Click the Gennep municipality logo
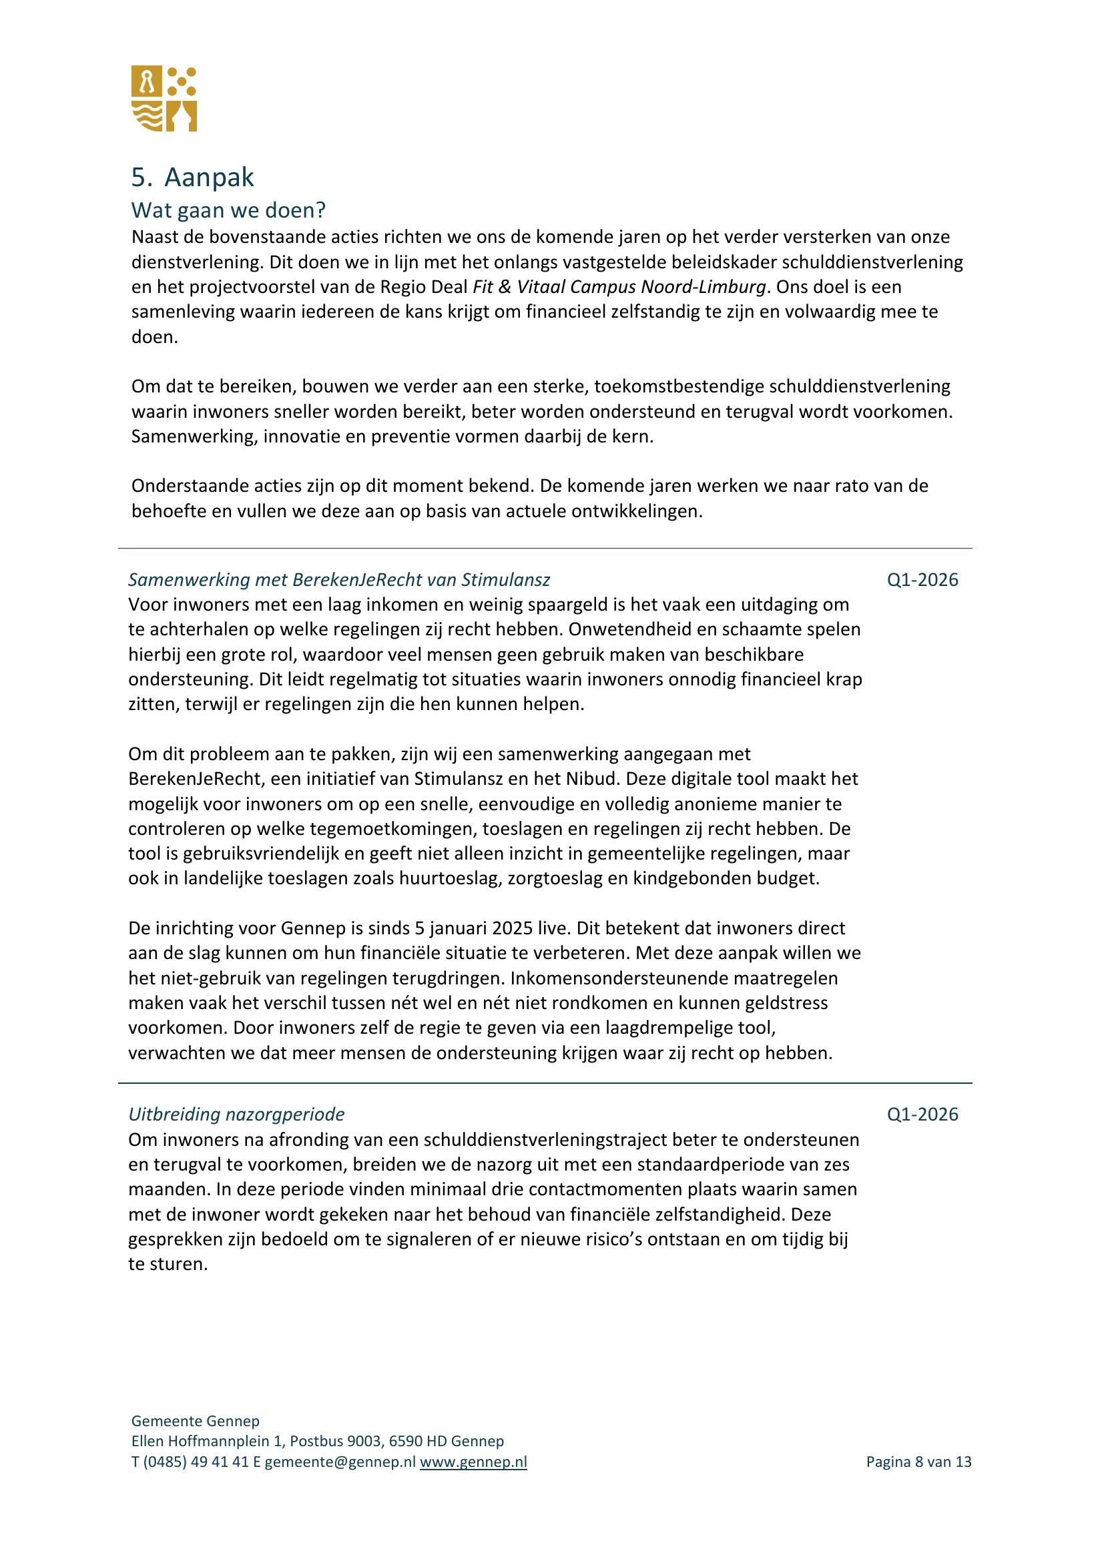point(164,99)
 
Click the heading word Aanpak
point(209,178)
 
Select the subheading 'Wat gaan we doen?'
point(228,211)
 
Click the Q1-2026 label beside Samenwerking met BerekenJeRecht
point(922,580)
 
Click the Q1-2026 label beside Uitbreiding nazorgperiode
point(922,1115)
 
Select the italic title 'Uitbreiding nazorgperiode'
point(236,1115)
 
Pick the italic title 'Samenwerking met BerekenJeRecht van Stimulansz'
point(338,580)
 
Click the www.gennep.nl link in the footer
point(473,1462)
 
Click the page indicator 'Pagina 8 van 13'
point(918,1462)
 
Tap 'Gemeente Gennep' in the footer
point(195,1421)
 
